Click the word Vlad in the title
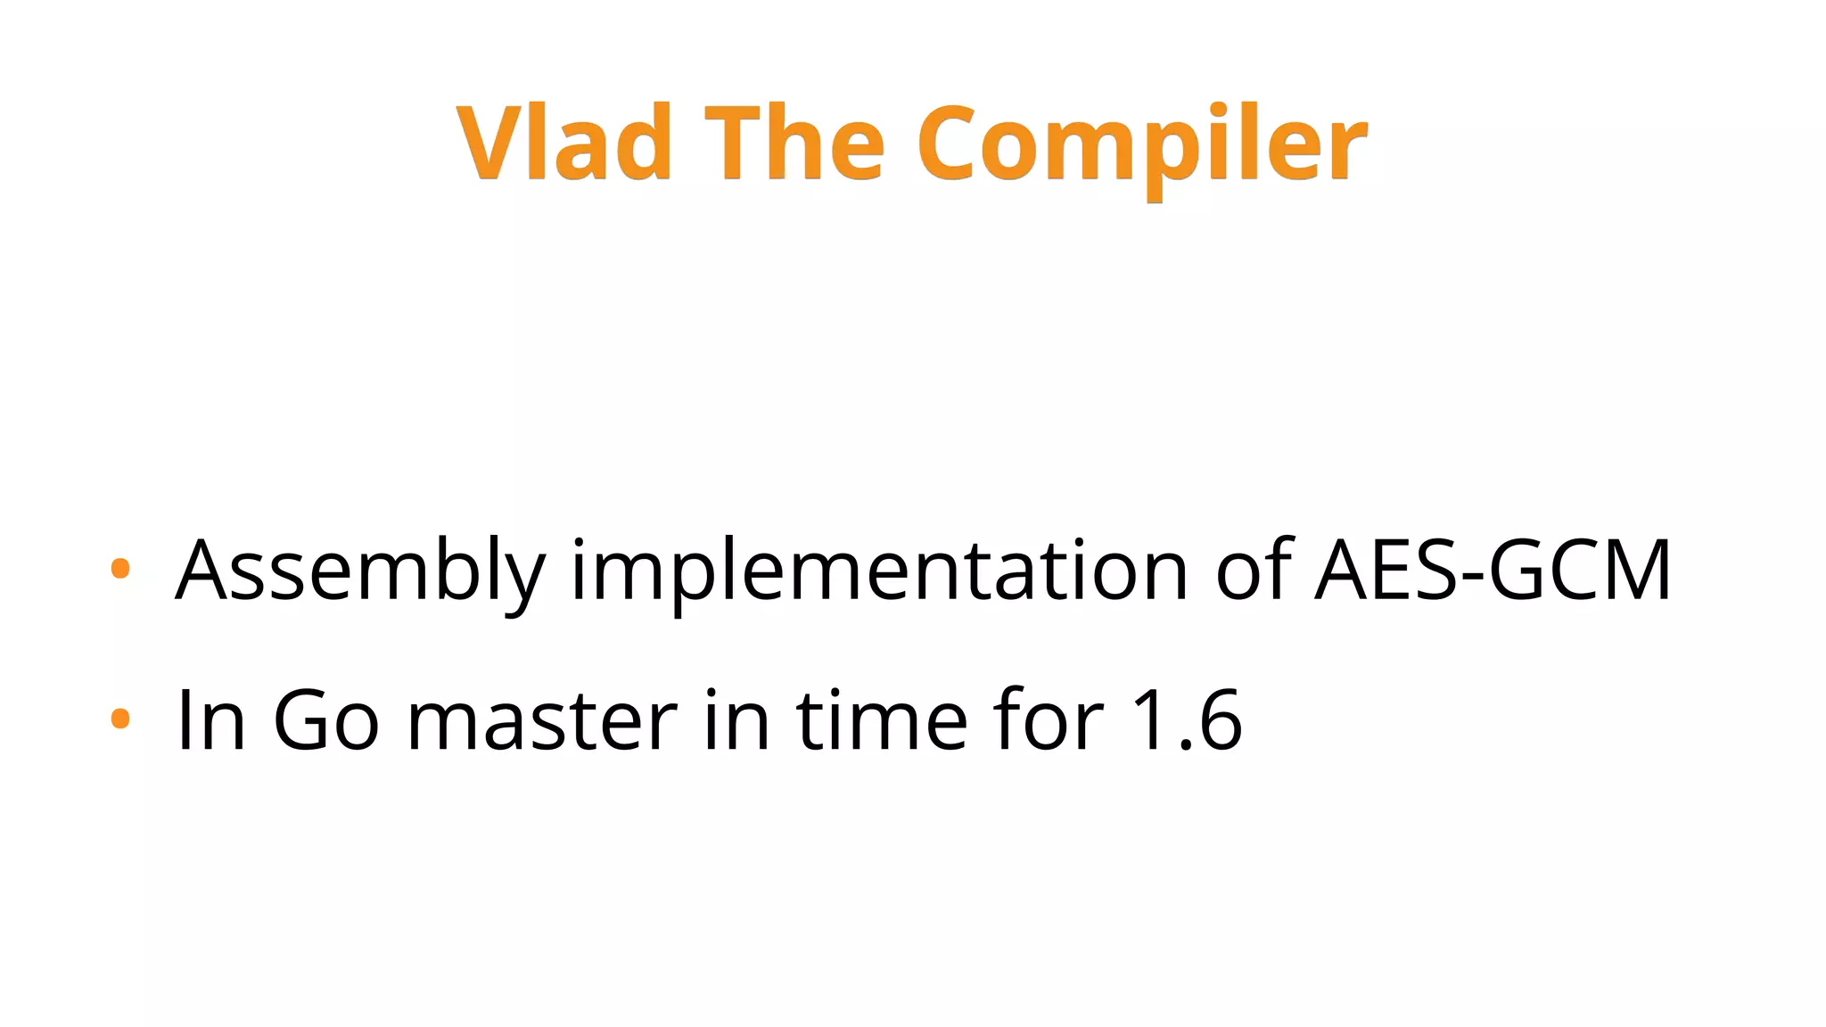click(x=563, y=143)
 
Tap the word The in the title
click(x=794, y=143)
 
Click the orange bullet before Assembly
click(x=120, y=568)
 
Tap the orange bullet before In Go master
click(x=120, y=718)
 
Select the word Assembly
click(x=360, y=572)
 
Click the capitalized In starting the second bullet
click(x=211, y=719)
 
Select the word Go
click(x=325, y=719)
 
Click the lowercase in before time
click(x=736, y=719)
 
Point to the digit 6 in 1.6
click(x=1220, y=719)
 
